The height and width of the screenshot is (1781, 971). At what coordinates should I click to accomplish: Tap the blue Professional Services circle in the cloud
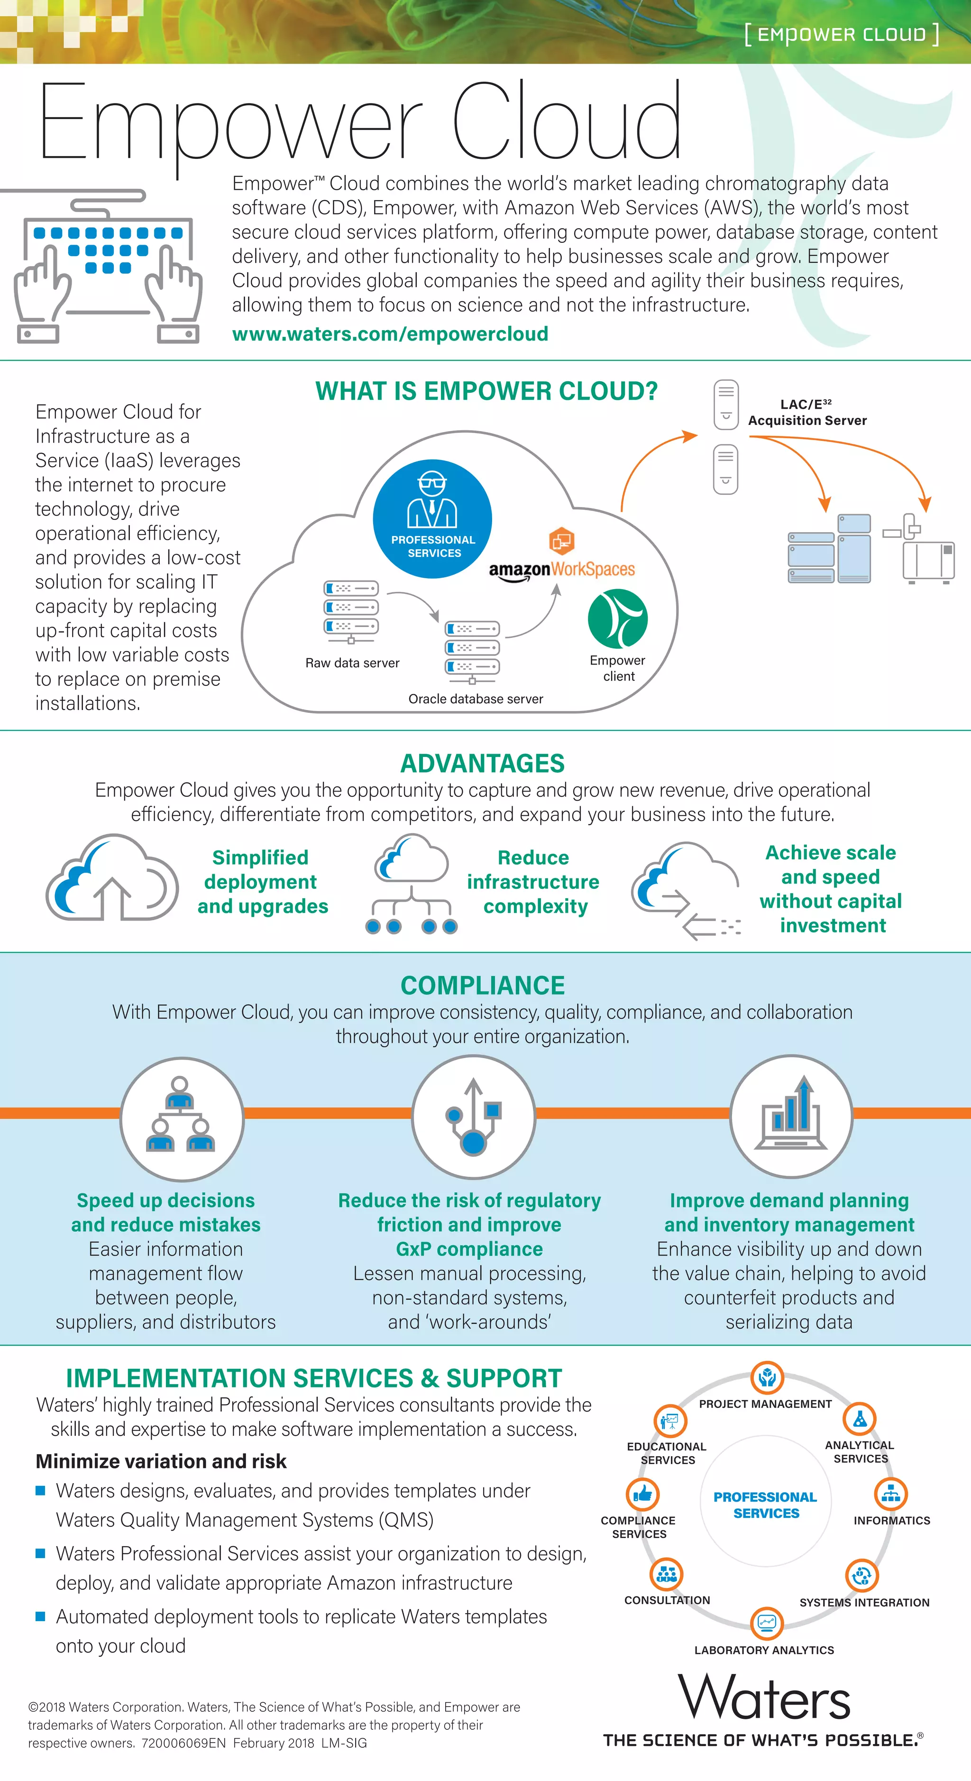pos(432,518)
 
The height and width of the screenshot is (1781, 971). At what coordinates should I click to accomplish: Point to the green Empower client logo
pos(617,619)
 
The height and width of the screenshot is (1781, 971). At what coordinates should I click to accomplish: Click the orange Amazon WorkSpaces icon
pos(561,541)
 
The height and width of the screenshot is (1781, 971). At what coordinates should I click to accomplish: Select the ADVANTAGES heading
pos(482,763)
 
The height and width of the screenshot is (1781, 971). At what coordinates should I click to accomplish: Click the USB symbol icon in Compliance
pos(473,1116)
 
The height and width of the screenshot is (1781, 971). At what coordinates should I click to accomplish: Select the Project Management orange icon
pos(767,1378)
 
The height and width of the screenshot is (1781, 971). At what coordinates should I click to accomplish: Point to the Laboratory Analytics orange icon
pos(767,1623)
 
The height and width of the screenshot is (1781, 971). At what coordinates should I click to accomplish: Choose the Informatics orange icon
pos(891,1494)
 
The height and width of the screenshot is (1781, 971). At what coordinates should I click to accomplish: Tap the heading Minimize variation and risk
pos(161,1461)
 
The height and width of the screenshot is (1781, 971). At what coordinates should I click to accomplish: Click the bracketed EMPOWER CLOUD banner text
pos(841,34)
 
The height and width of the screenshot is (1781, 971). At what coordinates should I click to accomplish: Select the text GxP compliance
pos(469,1249)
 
